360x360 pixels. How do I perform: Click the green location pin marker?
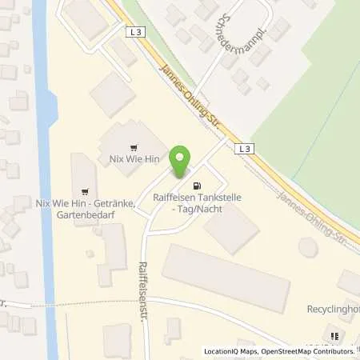click(x=182, y=162)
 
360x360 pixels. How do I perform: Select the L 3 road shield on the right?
click(x=245, y=149)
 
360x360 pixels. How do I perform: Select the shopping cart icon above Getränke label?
click(x=85, y=190)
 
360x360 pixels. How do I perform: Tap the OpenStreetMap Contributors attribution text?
click(x=308, y=351)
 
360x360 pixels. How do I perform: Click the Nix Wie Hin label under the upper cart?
click(x=132, y=160)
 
